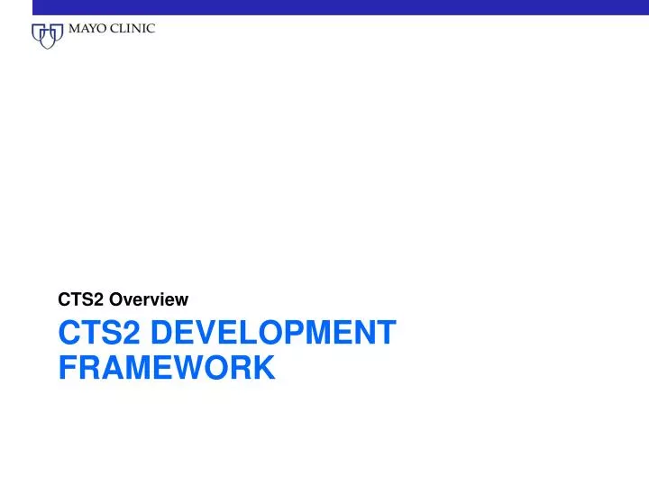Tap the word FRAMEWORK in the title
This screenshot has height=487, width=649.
pyautogui.click(x=167, y=367)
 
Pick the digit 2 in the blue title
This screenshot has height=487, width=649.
pyautogui.click(x=133, y=333)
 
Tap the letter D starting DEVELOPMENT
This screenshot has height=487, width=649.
pyautogui.click(x=162, y=333)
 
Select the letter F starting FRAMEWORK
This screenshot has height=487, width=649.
pyautogui.click(x=68, y=367)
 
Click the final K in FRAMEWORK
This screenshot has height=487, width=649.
pyautogui.click(x=263, y=367)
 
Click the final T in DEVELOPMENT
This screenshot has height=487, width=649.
pyautogui.click(x=387, y=333)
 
